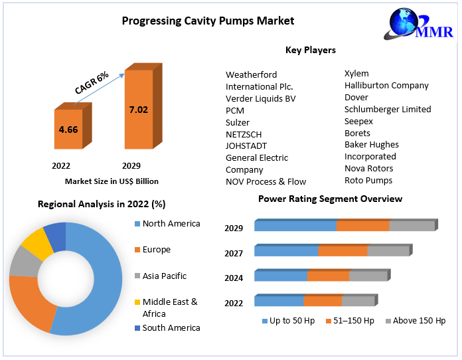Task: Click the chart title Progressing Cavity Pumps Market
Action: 208,21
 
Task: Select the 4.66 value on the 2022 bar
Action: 68,130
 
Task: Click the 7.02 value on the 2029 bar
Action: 138,109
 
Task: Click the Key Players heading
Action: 310,50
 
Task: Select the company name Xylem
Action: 356,73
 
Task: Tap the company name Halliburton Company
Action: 386,85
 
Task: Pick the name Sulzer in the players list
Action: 238,122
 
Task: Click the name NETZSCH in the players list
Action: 244,134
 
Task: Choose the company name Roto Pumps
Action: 368,180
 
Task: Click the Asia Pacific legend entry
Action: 165,276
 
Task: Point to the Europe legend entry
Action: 156,250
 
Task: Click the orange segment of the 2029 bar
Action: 362,226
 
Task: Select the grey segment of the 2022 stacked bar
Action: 358,301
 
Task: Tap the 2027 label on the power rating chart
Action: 234,253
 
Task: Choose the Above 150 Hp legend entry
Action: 419,321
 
